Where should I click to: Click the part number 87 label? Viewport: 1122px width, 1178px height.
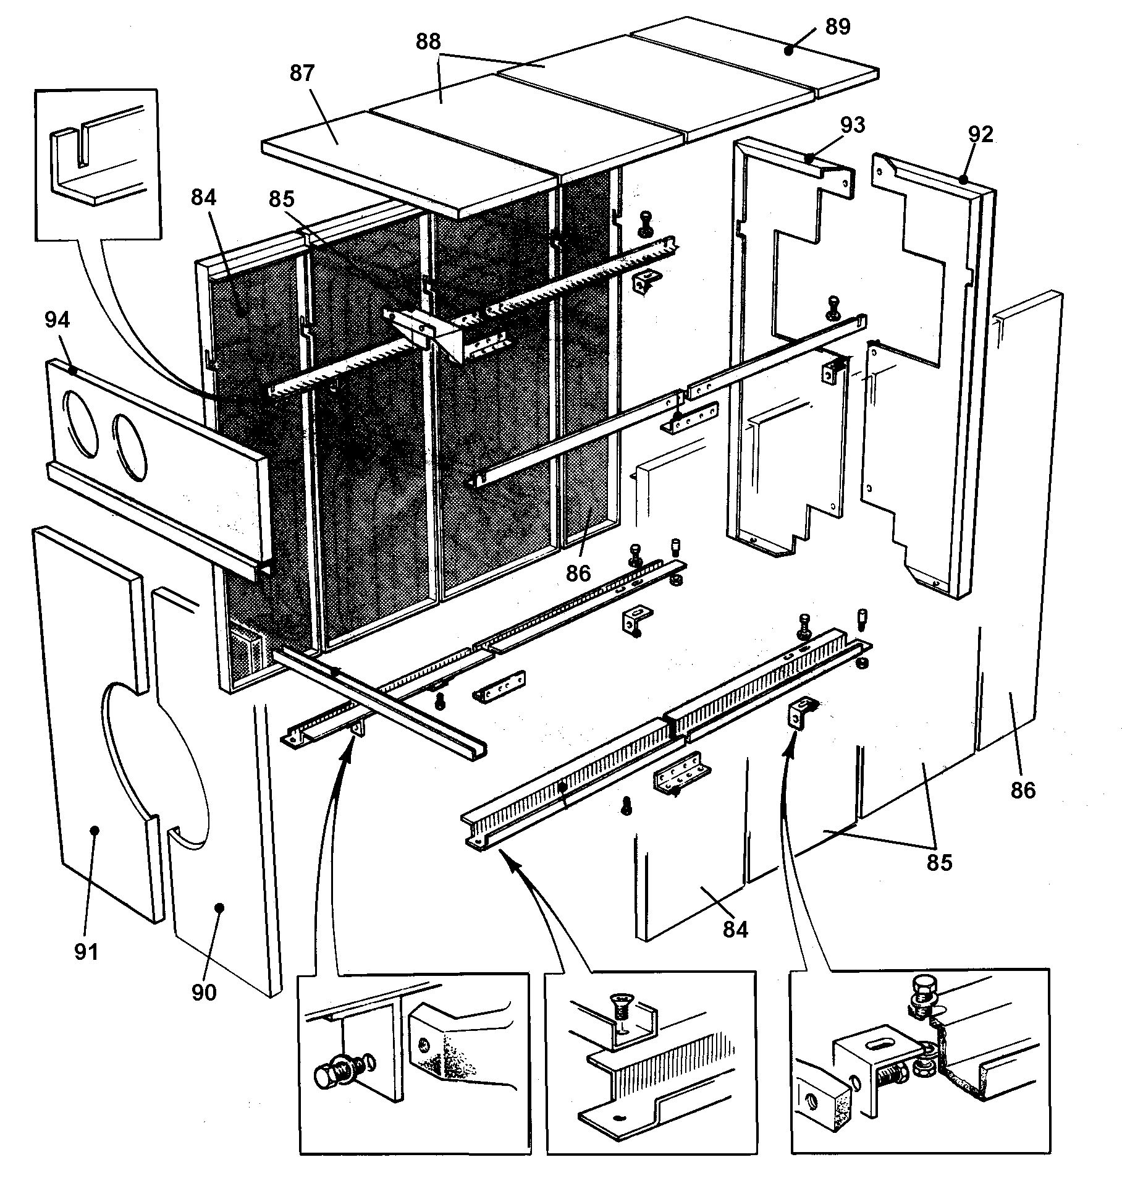tap(302, 74)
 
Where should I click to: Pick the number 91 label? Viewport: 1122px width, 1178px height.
tap(86, 952)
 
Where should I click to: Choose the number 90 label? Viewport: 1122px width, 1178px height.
tap(204, 992)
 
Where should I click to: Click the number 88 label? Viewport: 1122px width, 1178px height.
tap(428, 41)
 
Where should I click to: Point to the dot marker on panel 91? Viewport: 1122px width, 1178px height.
tap(95, 830)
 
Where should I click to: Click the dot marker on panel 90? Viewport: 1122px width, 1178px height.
tap(219, 907)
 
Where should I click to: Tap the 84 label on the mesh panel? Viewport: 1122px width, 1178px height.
tap(204, 198)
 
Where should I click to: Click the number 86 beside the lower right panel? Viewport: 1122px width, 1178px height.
tap(1023, 790)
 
